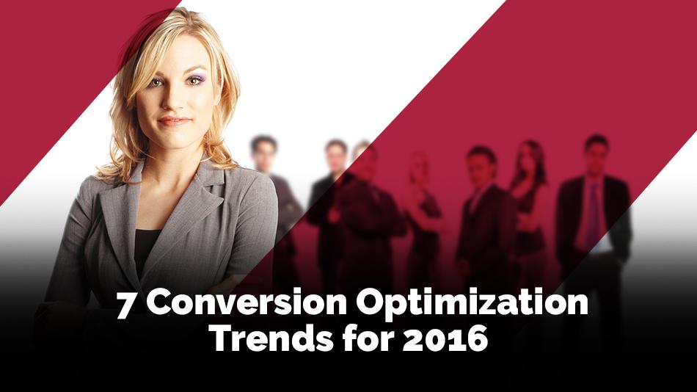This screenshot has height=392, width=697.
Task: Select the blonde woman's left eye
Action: [195, 81]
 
